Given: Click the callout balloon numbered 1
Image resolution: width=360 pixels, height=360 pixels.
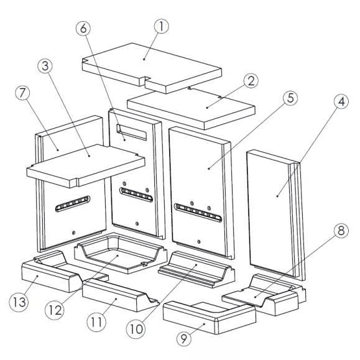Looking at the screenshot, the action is (x=162, y=26).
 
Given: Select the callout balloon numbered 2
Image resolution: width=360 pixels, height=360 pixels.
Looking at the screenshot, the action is (x=251, y=81).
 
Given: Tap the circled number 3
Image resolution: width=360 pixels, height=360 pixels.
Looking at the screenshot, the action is (x=45, y=66).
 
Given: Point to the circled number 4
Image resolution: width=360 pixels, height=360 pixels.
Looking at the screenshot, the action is (x=341, y=101).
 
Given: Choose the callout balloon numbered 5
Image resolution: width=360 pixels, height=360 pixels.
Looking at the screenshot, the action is (x=290, y=98).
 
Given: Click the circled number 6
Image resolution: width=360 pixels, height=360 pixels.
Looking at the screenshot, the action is (x=83, y=29).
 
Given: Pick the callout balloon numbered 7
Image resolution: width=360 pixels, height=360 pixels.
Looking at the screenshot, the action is (x=22, y=93).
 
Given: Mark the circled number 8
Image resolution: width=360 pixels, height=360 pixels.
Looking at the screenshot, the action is (x=341, y=230).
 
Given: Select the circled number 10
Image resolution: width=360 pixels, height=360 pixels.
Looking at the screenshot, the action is (x=136, y=329).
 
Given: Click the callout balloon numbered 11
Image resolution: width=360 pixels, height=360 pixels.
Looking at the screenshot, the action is (x=96, y=321).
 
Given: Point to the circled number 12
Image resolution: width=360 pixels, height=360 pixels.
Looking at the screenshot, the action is (x=55, y=310).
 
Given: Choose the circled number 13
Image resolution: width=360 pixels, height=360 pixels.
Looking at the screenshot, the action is (x=19, y=302).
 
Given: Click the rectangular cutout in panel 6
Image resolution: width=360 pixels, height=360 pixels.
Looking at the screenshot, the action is (x=131, y=132).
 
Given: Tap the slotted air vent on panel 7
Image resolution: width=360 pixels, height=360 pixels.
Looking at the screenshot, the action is (x=73, y=203).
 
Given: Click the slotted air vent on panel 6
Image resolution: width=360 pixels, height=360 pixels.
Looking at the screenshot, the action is (x=136, y=194).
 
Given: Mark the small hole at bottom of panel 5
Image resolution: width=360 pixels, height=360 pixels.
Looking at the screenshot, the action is (x=199, y=241).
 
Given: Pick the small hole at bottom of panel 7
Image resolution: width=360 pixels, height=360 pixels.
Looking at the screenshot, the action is (x=73, y=233).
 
